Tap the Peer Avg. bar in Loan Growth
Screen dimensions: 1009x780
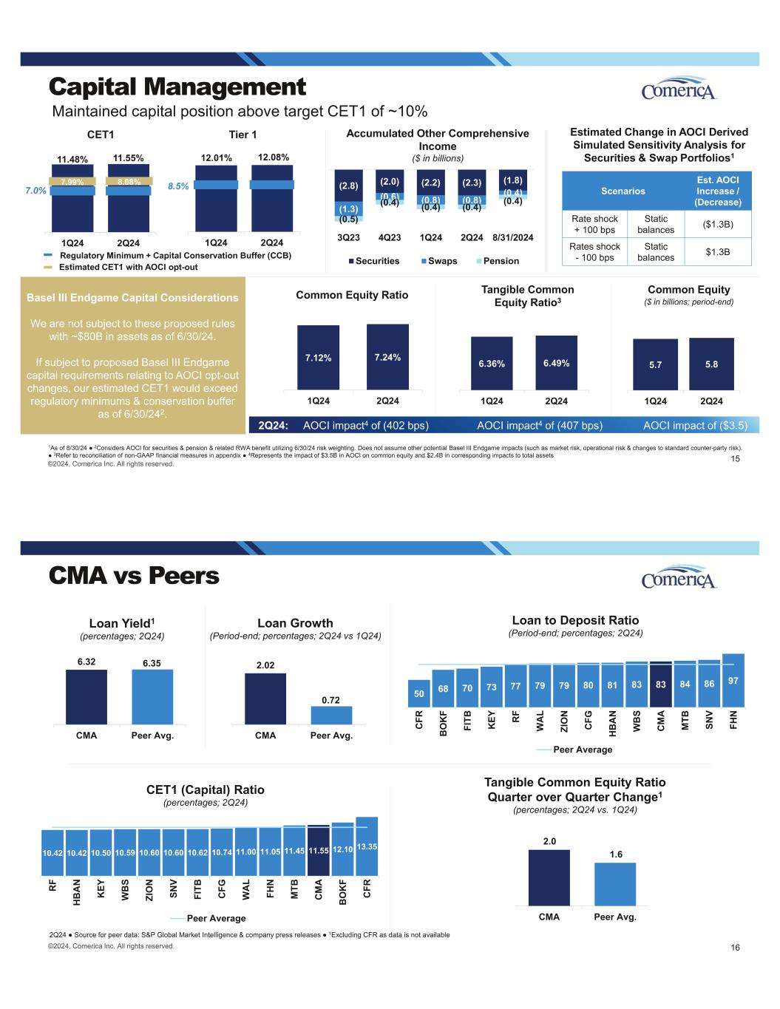point(331,715)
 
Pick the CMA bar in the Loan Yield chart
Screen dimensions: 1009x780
point(87,696)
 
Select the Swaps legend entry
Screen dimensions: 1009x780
point(441,261)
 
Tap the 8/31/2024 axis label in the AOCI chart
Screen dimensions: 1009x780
point(512,237)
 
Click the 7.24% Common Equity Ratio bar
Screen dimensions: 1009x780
point(387,357)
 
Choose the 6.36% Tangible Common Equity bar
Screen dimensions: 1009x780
point(492,363)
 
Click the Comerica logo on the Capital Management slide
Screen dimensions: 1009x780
point(679,89)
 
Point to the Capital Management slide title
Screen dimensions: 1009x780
point(177,87)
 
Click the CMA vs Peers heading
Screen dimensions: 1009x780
point(134,575)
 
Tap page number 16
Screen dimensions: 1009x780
point(734,948)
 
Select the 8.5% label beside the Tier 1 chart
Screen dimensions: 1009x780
point(178,188)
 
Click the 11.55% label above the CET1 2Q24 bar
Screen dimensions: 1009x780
point(129,157)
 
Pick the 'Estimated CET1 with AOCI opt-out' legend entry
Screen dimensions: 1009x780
point(128,267)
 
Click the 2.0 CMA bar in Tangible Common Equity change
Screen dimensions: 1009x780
point(549,877)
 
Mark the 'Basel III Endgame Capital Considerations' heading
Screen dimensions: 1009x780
point(132,298)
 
